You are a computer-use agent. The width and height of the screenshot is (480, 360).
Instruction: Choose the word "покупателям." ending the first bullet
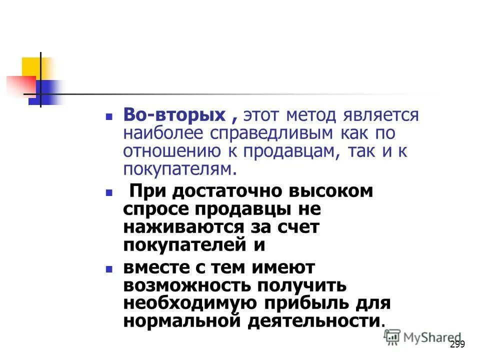point(179,168)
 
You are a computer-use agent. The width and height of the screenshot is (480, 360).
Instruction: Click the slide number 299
point(457,344)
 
